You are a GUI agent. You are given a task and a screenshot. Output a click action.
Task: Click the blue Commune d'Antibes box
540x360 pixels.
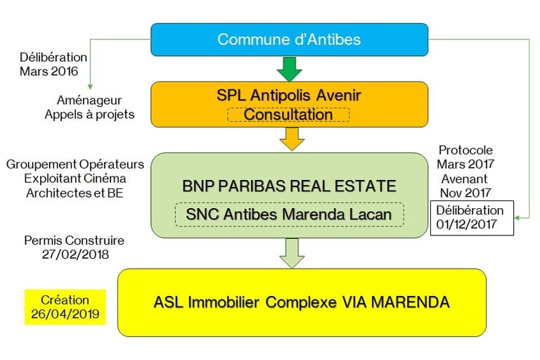(x=289, y=39)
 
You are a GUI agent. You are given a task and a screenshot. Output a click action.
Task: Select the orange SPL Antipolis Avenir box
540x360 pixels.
(x=289, y=104)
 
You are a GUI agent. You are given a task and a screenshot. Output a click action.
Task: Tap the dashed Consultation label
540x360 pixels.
(x=288, y=115)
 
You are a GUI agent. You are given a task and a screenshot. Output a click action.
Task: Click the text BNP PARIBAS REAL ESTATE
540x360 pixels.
(x=289, y=186)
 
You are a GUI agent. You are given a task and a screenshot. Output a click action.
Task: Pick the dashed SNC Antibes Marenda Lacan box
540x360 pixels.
(x=289, y=214)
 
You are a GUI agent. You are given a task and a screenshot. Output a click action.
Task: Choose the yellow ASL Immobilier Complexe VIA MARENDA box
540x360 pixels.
(x=302, y=302)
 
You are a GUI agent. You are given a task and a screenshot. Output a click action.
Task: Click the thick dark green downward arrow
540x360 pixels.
(x=289, y=69)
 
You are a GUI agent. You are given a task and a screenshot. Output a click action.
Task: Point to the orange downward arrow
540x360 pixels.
(x=292, y=139)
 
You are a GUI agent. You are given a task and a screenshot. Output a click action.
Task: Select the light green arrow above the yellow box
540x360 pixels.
(x=292, y=254)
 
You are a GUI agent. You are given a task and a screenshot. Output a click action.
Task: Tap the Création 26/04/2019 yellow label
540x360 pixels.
(x=65, y=307)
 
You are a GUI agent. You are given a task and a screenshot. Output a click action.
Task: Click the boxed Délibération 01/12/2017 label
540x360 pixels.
(x=472, y=218)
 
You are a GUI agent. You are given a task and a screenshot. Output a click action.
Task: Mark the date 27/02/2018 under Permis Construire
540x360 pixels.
(x=75, y=255)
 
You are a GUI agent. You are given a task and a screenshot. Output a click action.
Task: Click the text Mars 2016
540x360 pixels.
(x=49, y=71)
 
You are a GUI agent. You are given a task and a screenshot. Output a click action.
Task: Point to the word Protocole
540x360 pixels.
(x=465, y=150)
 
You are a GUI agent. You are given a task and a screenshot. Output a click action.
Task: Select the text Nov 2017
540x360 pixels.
(x=465, y=193)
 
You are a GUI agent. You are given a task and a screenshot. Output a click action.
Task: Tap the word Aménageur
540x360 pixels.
(x=89, y=101)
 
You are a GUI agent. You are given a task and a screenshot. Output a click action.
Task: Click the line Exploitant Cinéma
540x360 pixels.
(x=75, y=179)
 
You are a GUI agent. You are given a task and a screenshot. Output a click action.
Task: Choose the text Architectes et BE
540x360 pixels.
(x=75, y=193)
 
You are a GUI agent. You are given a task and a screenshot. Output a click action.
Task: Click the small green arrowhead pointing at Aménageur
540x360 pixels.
(x=90, y=86)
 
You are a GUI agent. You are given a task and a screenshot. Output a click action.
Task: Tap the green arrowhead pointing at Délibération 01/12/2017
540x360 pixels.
(x=517, y=218)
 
